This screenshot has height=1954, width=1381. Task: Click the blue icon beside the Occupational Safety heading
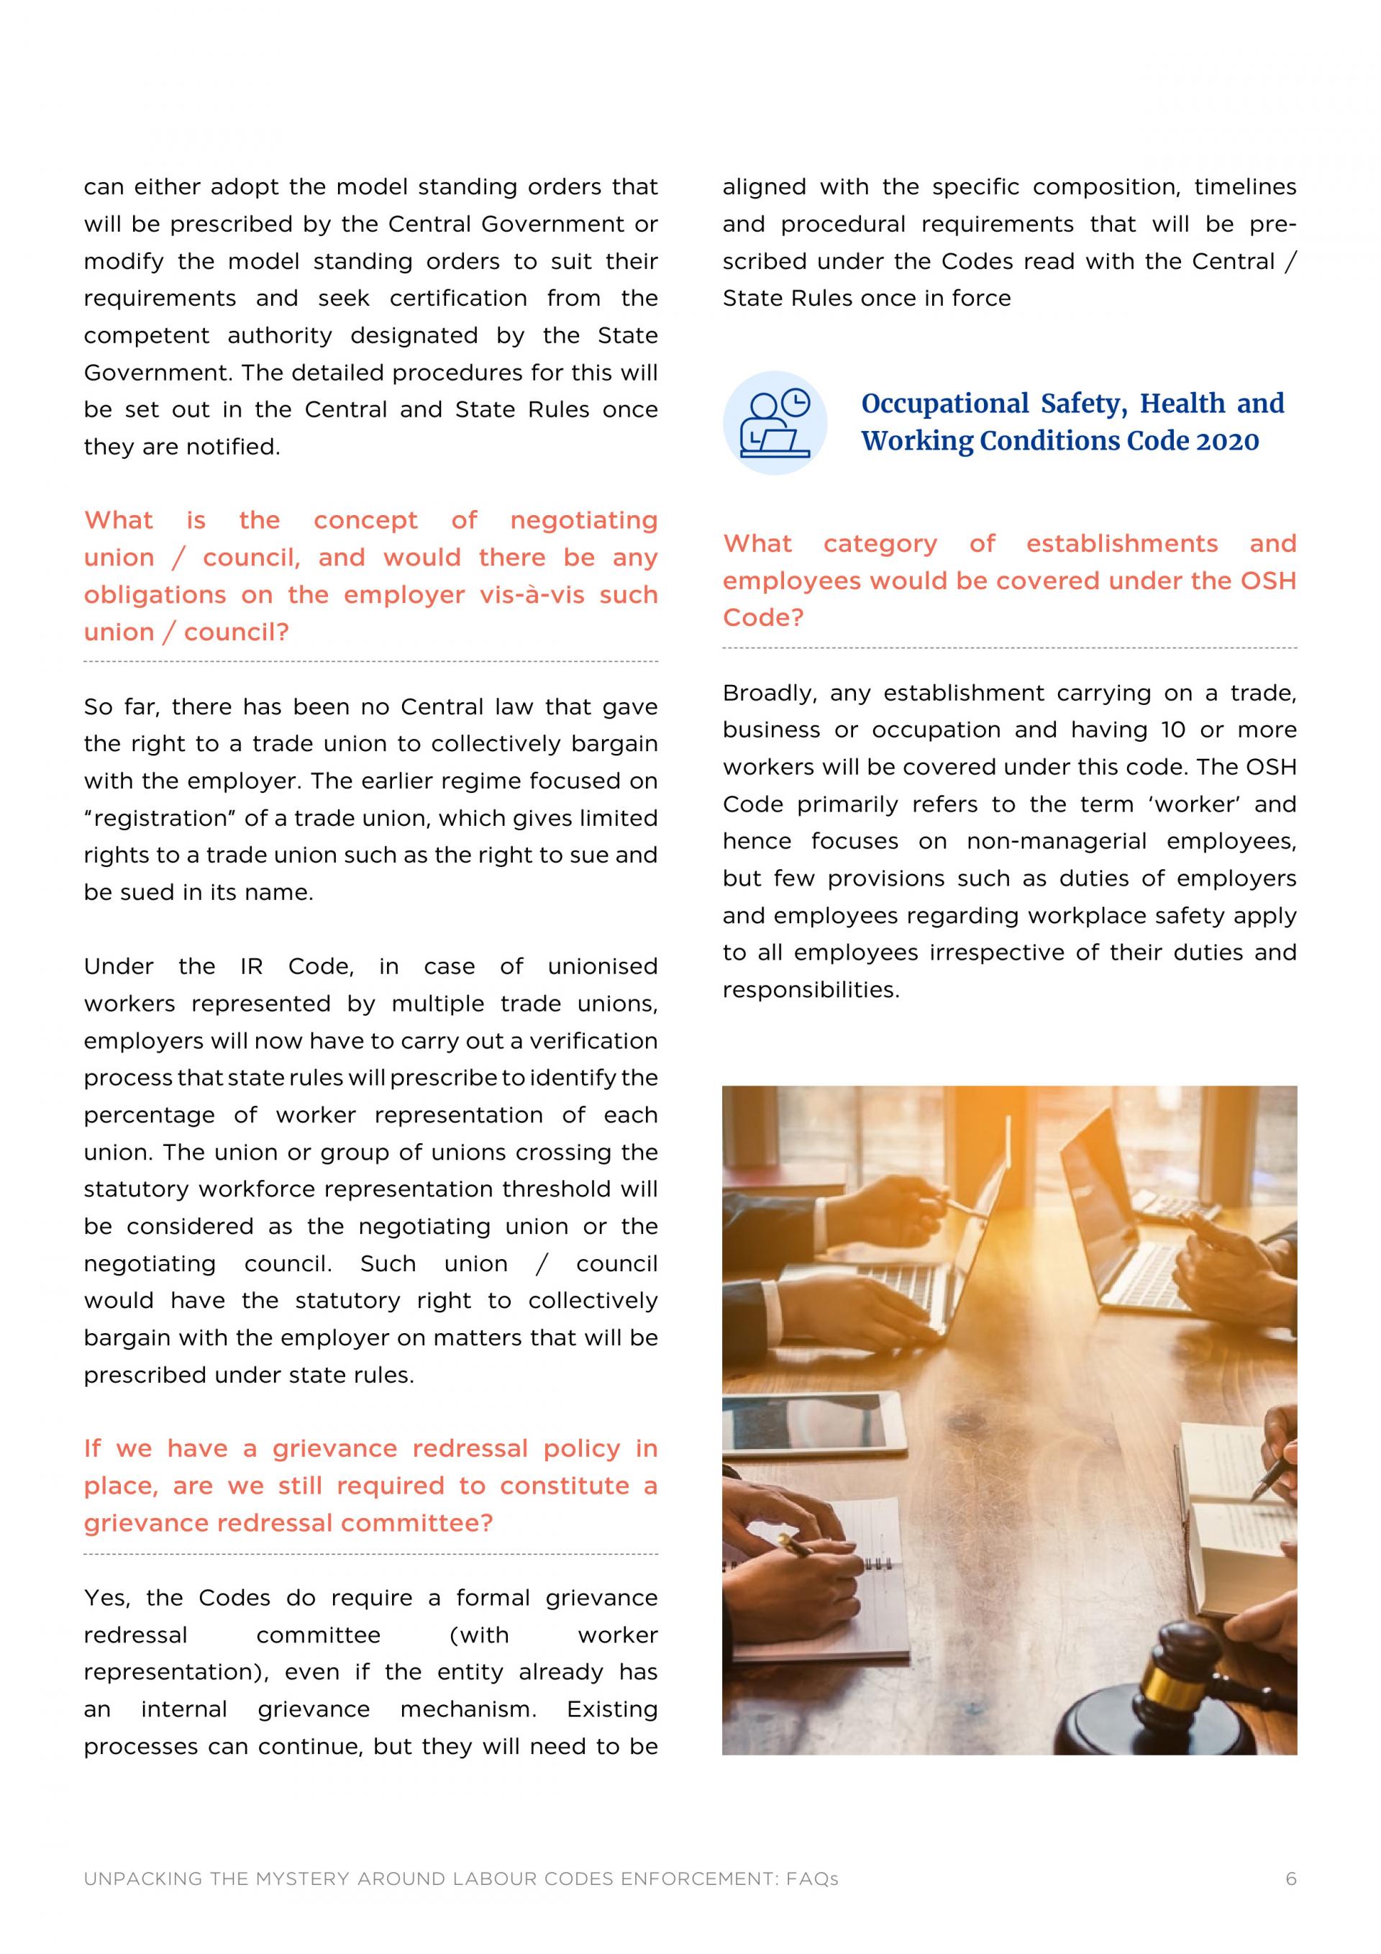775,422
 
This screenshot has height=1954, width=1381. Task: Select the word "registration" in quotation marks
161,819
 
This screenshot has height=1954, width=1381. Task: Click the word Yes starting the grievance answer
106,1599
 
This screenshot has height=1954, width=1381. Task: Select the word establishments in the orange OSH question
1121,544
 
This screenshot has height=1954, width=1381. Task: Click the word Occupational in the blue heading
944,404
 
